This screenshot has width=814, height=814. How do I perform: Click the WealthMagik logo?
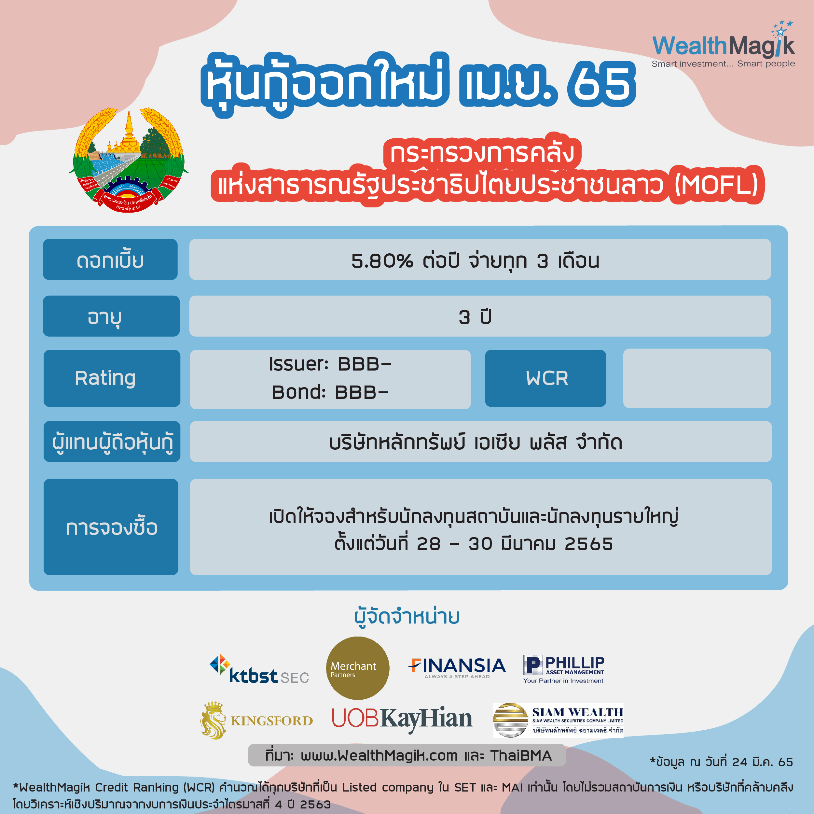coord(723,44)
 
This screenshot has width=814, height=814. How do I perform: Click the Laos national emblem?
coord(129,160)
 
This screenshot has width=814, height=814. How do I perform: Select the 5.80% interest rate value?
coord(382,261)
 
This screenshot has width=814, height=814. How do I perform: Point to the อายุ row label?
coord(111,316)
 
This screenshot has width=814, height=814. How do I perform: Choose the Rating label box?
coord(112,378)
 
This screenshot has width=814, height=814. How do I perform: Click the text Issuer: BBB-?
coord(330,364)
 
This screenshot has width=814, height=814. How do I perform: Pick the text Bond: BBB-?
coord(330,392)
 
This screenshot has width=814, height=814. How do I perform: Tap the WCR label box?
coord(545,378)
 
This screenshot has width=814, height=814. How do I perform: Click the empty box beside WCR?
coord(697,378)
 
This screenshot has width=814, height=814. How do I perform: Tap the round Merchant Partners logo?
coord(358,668)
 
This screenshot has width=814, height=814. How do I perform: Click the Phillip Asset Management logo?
coord(564,669)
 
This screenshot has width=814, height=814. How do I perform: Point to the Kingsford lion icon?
coord(213,721)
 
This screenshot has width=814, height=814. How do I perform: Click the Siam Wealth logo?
coord(558,720)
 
